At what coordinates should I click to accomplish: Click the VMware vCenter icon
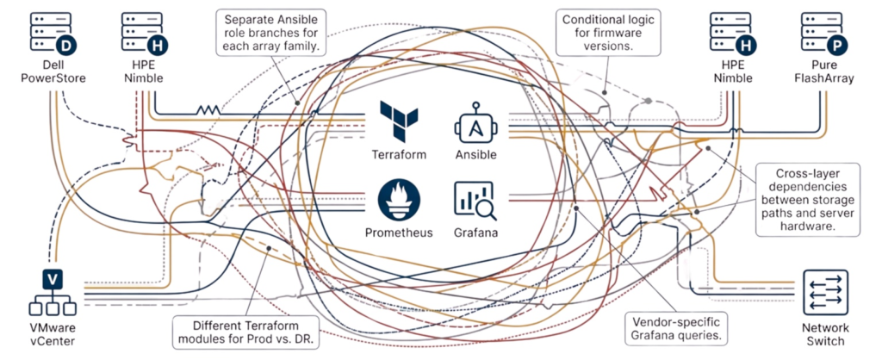[51, 292]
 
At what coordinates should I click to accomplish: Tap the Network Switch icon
[825, 291]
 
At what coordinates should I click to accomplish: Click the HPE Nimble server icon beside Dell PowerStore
[140, 33]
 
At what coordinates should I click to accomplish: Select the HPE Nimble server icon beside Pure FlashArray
[731, 33]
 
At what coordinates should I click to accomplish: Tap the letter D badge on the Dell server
[65, 45]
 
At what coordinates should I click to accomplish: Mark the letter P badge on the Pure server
[835, 45]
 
